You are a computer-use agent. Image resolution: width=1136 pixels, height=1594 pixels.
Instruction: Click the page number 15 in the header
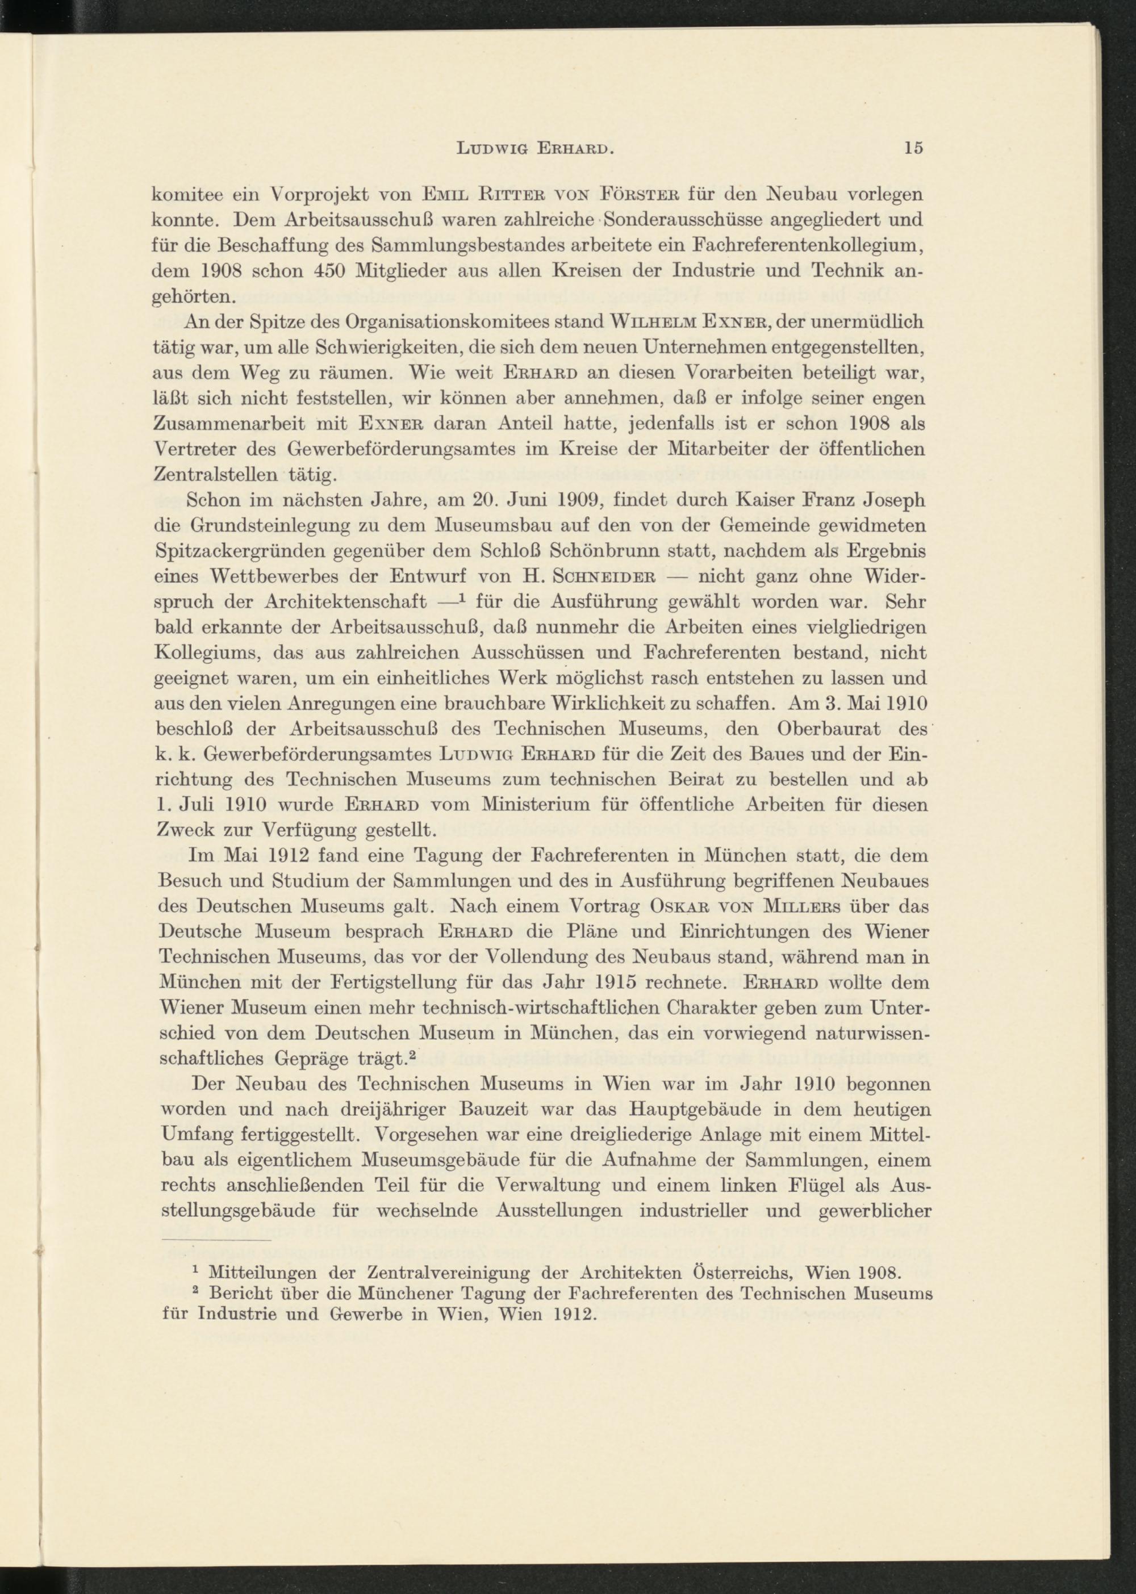(913, 148)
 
